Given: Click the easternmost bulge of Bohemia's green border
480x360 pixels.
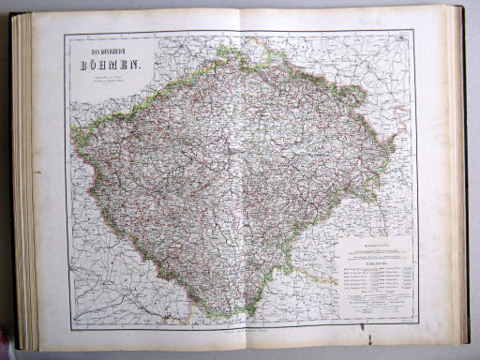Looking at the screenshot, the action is coord(393,150).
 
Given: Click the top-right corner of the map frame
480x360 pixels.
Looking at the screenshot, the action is coord(417,31).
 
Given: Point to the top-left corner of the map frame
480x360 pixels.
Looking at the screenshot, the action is coord(65,33).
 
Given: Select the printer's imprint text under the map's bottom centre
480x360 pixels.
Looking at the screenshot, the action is coord(240,331).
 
